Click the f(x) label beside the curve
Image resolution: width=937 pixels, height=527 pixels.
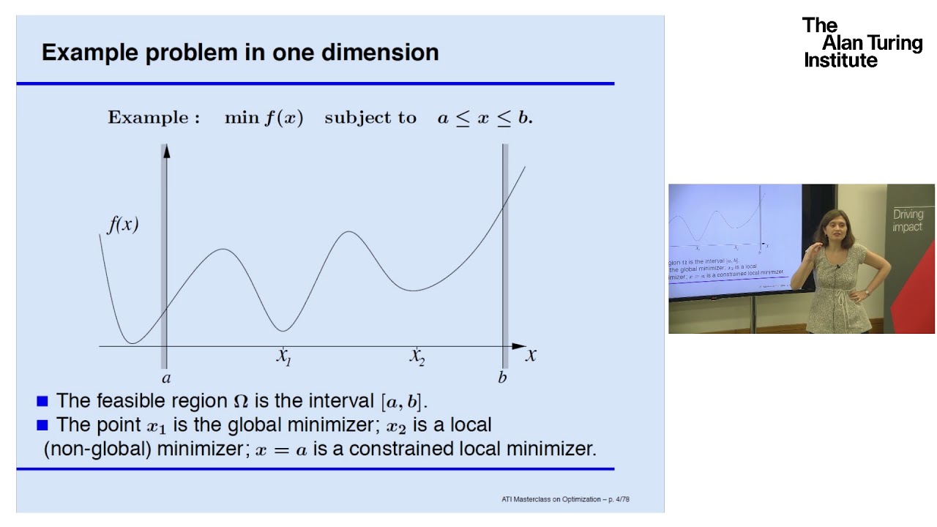coord(123,224)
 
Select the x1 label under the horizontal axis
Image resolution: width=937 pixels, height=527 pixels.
coord(284,356)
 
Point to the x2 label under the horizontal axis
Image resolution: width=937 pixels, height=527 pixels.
coord(417,356)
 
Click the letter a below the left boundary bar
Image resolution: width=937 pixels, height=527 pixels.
coord(165,378)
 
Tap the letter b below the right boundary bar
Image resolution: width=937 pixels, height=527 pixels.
coord(502,378)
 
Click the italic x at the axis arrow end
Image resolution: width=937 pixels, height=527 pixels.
coord(531,356)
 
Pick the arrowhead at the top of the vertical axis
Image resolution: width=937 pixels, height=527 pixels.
coord(166,151)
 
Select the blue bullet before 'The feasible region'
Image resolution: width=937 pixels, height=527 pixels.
coord(42,401)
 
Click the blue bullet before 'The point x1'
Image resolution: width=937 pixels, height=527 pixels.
coord(42,425)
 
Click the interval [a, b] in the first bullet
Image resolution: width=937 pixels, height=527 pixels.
coord(403,401)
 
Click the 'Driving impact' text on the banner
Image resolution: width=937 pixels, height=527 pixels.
coord(908,220)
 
